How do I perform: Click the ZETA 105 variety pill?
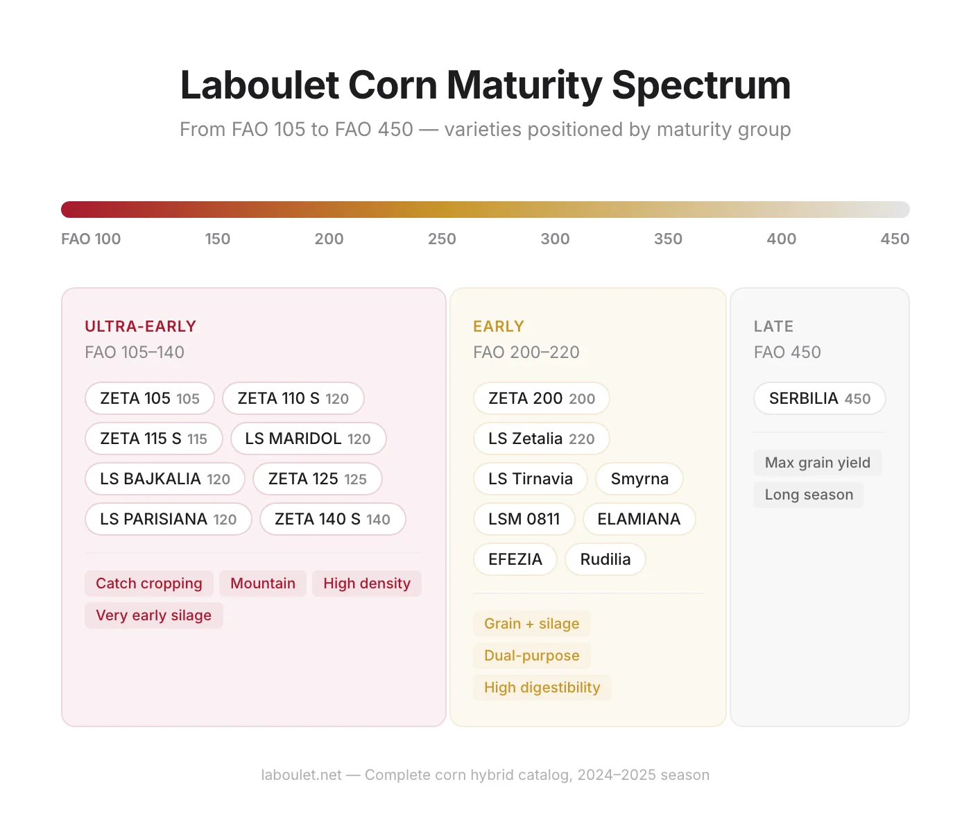[150, 398]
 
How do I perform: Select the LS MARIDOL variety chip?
[308, 439]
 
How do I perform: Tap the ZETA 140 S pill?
[332, 519]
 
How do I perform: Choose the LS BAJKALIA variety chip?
[165, 479]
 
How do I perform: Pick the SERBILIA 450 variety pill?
[819, 398]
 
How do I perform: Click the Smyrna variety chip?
[639, 479]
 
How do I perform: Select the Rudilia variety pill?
[605, 559]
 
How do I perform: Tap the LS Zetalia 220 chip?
[541, 439]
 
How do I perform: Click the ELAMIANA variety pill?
[639, 519]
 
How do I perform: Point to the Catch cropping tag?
[149, 584]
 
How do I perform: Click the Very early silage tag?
[153, 615]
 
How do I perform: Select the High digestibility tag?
[542, 688]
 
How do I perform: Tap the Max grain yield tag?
[817, 463]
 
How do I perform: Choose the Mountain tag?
[263, 584]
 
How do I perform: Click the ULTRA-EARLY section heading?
[140, 326]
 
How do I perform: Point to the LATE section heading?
[773, 326]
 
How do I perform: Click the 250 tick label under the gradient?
[442, 239]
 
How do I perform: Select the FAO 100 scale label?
[91, 239]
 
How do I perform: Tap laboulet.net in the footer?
[301, 775]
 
